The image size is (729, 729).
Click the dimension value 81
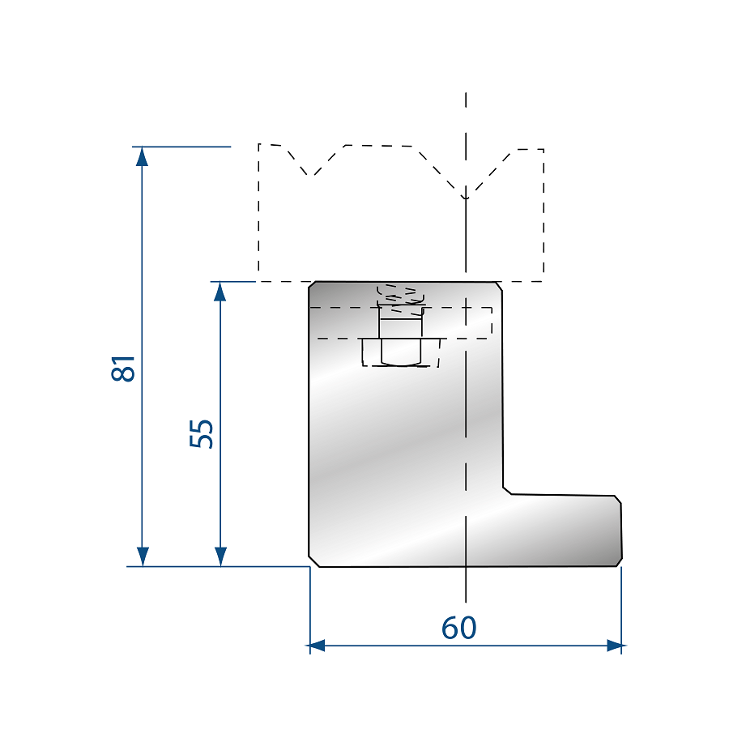pyautogui.click(x=123, y=369)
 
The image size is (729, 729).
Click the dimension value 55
pyautogui.click(x=202, y=434)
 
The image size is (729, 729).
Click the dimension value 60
pyautogui.click(x=459, y=628)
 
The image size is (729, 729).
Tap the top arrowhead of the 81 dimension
pyautogui.click(x=142, y=156)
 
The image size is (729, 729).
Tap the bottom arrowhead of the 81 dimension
pyautogui.click(x=143, y=556)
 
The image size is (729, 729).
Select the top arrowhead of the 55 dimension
pyautogui.click(x=220, y=291)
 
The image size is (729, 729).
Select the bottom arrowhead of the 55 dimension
pyautogui.click(x=220, y=556)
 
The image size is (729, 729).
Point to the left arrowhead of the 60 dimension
pyautogui.click(x=317, y=646)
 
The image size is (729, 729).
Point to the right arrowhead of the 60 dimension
pyautogui.click(x=615, y=646)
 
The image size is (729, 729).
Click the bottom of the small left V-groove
pyautogui.click(x=310, y=176)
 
